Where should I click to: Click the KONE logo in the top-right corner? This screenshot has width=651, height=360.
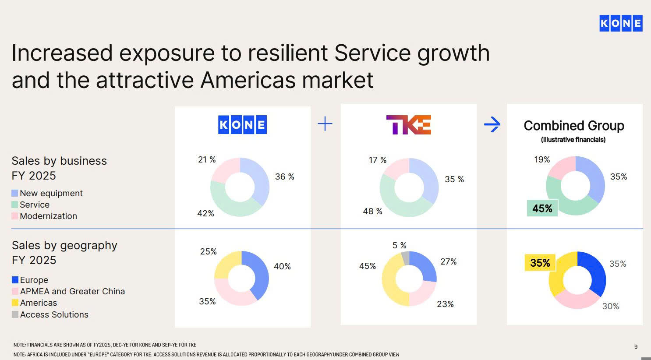tap(621, 23)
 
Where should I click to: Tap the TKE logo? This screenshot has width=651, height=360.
tap(408, 125)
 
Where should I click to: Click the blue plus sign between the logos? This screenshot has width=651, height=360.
tap(325, 124)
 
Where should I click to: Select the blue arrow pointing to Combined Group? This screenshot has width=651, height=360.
tap(492, 124)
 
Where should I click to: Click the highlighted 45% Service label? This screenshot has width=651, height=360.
tap(542, 208)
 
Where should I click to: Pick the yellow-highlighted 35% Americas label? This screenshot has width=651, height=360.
tap(540, 263)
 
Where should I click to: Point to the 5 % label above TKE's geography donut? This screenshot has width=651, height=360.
tap(400, 245)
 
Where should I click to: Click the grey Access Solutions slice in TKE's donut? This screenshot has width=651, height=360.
tap(405, 258)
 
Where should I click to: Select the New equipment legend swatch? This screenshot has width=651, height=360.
tap(15, 193)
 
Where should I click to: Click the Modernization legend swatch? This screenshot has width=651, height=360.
tap(15, 216)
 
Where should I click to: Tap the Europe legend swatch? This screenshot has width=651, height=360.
tap(15, 280)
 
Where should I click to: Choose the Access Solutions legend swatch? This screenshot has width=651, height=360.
tap(15, 314)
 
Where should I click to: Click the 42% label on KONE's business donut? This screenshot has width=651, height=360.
tap(205, 213)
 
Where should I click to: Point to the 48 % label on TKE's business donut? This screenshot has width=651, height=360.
tap(372, 211)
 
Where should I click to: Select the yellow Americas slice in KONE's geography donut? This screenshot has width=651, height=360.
tap(226, 263)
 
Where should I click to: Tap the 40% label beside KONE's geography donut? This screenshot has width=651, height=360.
tap(282, 266)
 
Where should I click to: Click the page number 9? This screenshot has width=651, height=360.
tap(636, 346)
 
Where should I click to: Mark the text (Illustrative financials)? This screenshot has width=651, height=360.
tap(573, 140)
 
